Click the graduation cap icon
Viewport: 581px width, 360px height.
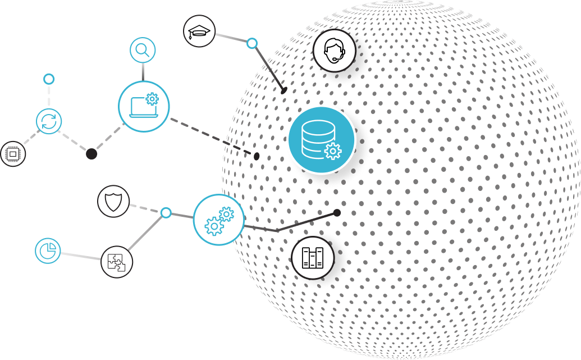tap(199, 31)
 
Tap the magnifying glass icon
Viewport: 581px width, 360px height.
tap(143, 50)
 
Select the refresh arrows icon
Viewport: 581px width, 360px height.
tap(49, 121)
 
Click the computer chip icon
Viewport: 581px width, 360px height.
tap(12, 153)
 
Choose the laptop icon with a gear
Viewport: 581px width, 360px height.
tap(144, 106)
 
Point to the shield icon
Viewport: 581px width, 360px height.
tap(113, 201)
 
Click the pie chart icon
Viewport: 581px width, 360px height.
tap(48, 250)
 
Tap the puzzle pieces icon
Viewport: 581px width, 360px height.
tap(117, 262)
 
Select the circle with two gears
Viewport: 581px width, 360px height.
tap(219, 220)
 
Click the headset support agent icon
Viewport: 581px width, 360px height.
tap(335, 50)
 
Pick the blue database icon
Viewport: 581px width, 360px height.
tap(321, 139)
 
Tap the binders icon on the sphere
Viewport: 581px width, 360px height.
tap(313, 258)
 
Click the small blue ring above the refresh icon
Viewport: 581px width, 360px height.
tap(49, 79)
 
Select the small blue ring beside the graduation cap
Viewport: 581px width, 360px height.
tap(252, 43)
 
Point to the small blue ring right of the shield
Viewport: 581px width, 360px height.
tap(166, 213)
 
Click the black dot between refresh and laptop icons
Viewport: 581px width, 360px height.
tap(92, 153)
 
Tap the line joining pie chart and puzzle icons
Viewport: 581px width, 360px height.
tap(80, 256)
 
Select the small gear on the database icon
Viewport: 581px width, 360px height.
tap(333, 151)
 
